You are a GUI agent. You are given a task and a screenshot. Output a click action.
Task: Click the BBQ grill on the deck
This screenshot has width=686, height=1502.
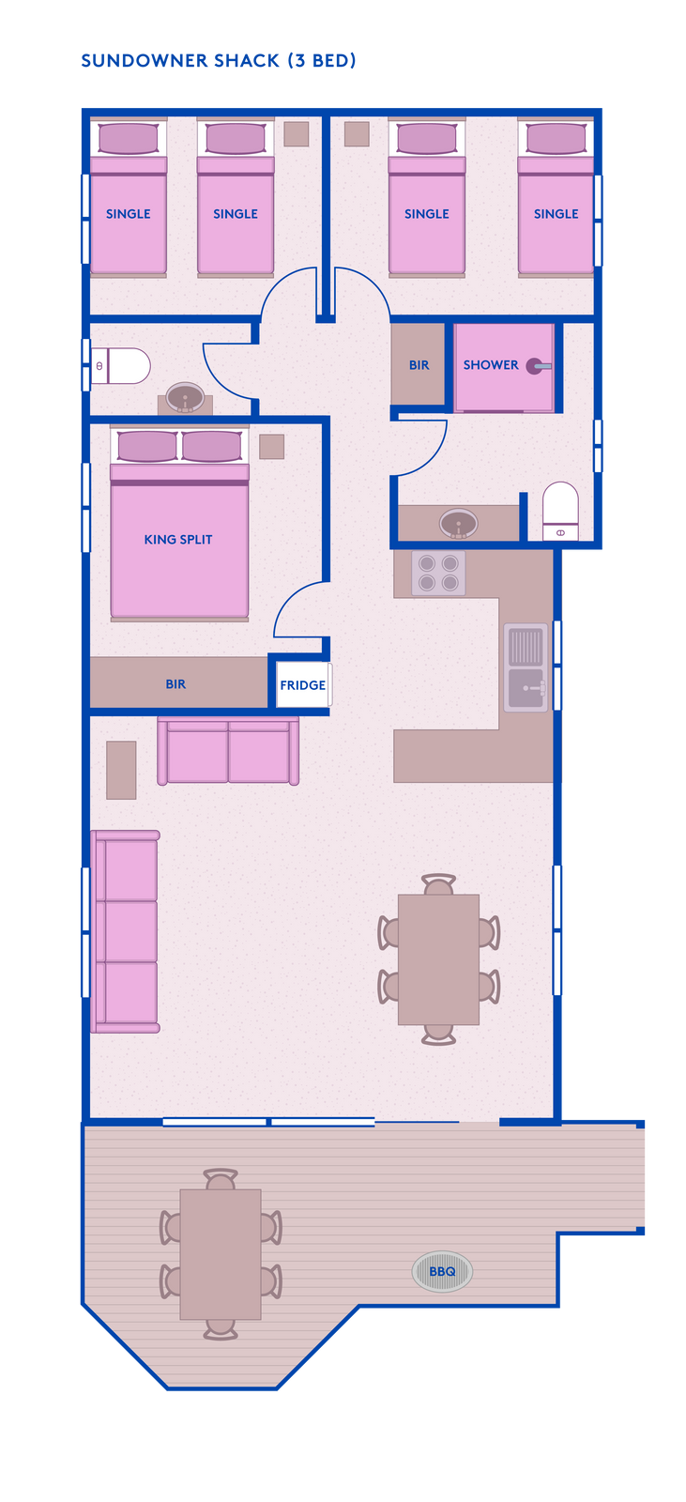tap(442, 1271)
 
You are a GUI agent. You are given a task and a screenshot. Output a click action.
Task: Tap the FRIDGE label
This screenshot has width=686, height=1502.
tap(302, 685)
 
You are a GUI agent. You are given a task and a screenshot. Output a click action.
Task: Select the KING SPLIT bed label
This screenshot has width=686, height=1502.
tap(178, 540)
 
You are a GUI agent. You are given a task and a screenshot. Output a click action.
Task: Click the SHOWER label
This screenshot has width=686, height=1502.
tap(491, 365)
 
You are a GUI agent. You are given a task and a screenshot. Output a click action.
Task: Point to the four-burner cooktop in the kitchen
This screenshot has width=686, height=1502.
tap(438, 574)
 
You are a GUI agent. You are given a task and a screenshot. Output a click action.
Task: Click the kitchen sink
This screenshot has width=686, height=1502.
tap(526, 667)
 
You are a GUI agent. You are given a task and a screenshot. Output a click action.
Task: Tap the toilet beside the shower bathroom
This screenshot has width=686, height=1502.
tap(560, 511)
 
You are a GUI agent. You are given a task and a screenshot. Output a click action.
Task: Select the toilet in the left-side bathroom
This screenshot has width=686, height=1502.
tap(121, 366)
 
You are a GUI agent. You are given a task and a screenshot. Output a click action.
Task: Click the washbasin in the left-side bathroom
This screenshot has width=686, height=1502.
tap(185, 398)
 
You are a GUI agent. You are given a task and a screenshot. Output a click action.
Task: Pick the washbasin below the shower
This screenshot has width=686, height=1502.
tap(459, 524)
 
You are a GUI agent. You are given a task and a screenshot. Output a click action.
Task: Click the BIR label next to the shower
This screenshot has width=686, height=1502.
tap(419, 365)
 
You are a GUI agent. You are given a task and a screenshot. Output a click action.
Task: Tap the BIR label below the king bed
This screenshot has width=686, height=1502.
tap(175, 684)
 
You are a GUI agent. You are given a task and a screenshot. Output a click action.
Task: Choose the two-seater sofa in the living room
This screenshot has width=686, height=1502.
tap(228, 750)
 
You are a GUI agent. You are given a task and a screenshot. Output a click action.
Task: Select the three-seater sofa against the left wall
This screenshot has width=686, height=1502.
tap(126, 931)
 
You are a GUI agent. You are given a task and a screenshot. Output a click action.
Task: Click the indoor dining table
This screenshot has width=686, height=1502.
tap(438, 959)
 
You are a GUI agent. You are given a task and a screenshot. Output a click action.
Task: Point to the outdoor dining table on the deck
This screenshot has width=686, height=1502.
tap(221, 1254)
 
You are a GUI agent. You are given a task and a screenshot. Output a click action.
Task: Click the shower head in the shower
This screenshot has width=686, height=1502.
tap(539, 366)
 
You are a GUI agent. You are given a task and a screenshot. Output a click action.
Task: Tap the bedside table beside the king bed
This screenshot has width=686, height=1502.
tap(271, 447)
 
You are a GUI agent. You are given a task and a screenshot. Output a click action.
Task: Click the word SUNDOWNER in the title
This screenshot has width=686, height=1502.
tap(145, 61)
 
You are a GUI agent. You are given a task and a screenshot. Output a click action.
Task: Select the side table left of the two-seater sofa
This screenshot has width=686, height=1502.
tap(121, 770)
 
